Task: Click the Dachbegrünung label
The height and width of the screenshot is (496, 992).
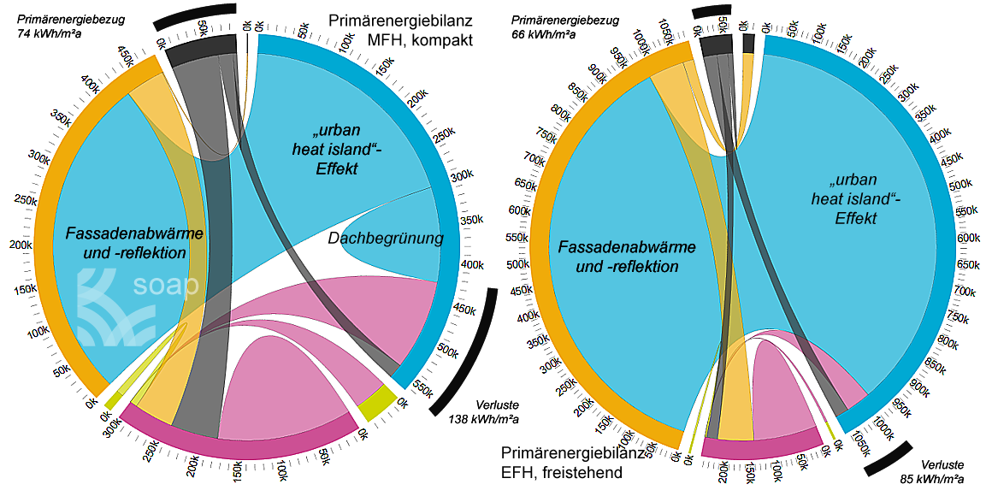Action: tap(386, 239)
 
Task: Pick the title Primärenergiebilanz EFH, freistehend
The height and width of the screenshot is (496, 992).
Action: tap(563, 462)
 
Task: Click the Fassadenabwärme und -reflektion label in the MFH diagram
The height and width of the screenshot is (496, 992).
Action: tap(126, 241)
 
